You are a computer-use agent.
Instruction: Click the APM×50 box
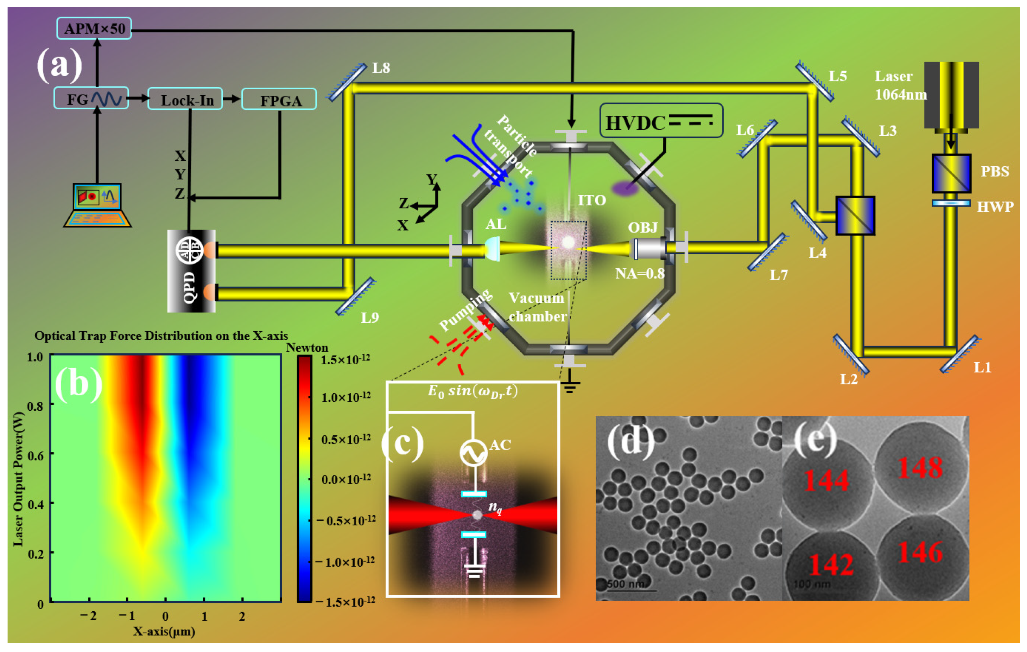point(94,28)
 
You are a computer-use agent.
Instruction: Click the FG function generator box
point(91,98)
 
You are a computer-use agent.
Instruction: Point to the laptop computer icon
point(97,205)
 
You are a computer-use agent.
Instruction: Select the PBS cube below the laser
point(951,174)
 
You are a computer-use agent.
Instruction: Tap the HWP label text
point(995,207)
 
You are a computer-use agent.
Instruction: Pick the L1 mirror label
point(982,367)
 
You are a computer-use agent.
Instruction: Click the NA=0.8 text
point(639,273)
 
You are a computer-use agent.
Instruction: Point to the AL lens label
point(496,224)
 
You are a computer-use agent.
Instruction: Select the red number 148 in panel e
point(920,468)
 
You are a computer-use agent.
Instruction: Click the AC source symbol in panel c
point(473,453)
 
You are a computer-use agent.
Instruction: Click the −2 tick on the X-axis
point(89,615)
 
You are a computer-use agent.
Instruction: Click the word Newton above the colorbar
point(307,347)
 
